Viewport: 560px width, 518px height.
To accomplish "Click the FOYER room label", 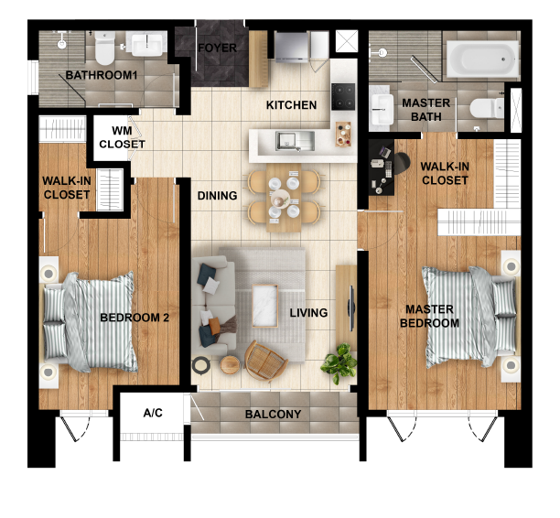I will point(218,48).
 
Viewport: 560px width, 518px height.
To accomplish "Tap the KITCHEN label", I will point(292,105).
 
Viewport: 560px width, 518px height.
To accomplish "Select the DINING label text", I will point(218,196).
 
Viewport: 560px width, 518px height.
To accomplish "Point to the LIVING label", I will point(308,313).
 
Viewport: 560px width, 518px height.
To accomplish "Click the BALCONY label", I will point(273,415).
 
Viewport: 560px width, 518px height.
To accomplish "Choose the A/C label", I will point(153,414).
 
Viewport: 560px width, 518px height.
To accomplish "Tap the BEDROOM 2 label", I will point(135,318).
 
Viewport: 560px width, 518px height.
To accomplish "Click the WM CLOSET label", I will point(123,137).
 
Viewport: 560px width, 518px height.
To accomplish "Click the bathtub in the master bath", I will point(480,59).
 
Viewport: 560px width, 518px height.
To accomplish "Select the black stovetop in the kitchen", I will point(343,94).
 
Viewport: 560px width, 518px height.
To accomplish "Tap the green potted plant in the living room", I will point(340,362).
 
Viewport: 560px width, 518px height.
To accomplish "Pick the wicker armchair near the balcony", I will point(264,360).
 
